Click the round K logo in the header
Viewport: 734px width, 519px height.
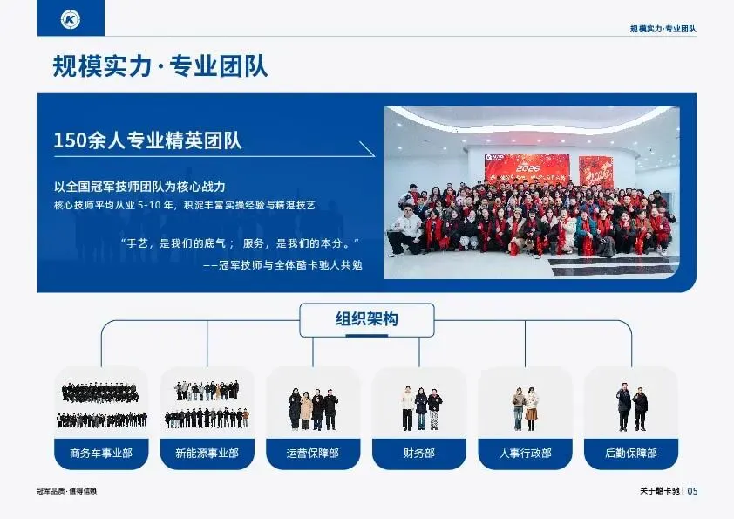point(71,18)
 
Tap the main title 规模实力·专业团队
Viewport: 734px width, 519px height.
point(160,65)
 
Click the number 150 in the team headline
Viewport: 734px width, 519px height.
point(69,140)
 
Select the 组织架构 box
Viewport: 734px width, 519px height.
point(366,320)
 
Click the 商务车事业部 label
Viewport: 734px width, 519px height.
point(101,454)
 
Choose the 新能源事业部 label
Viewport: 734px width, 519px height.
point(207,454)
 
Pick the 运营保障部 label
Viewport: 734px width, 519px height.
point(313,454)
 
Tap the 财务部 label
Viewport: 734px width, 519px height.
point(419,454)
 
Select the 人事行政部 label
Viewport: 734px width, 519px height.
point(526,454)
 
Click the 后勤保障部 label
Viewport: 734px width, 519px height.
point(631,454)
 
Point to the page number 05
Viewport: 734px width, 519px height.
point(692,491)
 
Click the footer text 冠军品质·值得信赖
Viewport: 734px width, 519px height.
point(66,491)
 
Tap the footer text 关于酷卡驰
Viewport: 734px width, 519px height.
point(660,491)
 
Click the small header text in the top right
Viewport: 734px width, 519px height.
point(663,29)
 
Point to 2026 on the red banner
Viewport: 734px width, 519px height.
point(527,167)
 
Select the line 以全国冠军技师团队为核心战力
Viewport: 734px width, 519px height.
point(139,187)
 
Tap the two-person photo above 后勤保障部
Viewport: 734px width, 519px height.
point(631,406)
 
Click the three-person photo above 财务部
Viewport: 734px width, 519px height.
point(421,408)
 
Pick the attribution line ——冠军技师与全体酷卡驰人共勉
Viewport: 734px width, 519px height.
point(282,265)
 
